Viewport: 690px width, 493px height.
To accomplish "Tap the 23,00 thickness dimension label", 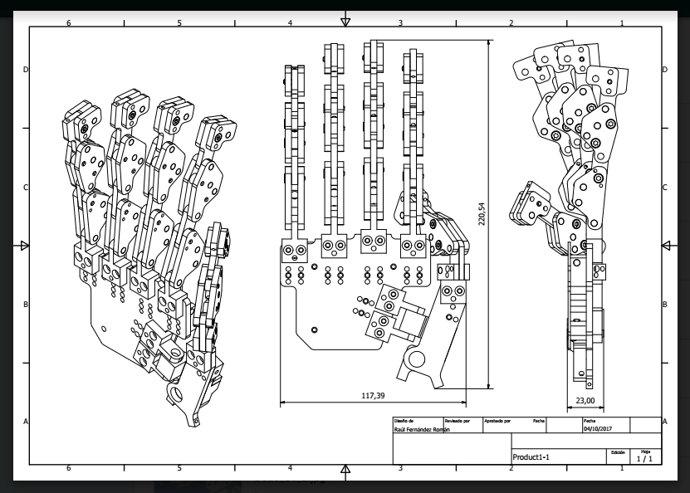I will coord(585,400).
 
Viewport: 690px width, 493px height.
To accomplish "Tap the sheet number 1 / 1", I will coord(644,458).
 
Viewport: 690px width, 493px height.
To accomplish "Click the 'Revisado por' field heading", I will coord(457,421).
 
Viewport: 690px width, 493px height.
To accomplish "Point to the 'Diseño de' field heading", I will coord(404,421).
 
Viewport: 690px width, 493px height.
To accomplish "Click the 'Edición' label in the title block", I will coord(617,452).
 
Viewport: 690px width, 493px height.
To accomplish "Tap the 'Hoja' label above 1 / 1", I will coord(645,451).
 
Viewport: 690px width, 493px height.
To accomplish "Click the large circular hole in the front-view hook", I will coord(412,359).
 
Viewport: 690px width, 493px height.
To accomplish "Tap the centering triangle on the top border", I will coord(346,22).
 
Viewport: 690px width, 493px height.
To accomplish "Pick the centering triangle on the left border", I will coord(24,246).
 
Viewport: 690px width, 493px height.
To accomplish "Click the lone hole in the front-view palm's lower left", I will coord(313,329).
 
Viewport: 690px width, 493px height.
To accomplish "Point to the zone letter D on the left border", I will coord(26,70).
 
